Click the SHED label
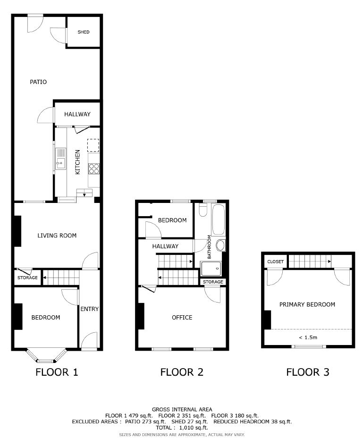(83, 32)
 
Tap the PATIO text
(38, 82)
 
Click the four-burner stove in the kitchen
(94, 168)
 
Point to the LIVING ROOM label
(57, 236)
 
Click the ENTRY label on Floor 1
(89, 309)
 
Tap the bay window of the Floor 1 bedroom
(47, 356)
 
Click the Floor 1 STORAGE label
(27, 278)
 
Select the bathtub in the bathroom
(218, 219)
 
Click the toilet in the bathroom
(203, 210)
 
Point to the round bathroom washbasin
(220, 245)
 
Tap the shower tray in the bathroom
(211, 269)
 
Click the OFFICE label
(182, 317)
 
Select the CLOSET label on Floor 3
(276, 262)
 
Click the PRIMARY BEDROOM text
(307, 304)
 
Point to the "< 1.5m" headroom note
(308, 337)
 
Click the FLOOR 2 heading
(182, 372)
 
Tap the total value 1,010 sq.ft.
(193, 428)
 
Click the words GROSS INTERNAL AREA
(182, 410)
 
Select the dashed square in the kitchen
(93, 145)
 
